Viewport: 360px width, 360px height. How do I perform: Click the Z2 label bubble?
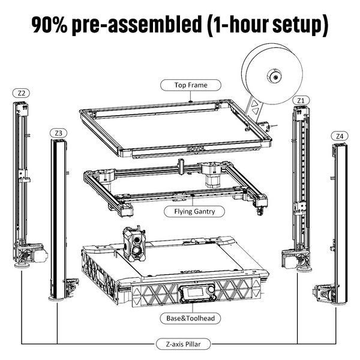click(x=22, y=93)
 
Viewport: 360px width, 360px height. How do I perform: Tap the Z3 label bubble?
click(x=58, y=132)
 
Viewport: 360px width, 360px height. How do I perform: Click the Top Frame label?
click(x=191, y=85)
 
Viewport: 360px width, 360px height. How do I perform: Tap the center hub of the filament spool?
click(x=274, y=77)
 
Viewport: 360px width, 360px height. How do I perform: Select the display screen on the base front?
click(x=191, y=295)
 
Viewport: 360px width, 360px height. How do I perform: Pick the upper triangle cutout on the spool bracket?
click(x=254, y=103)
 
